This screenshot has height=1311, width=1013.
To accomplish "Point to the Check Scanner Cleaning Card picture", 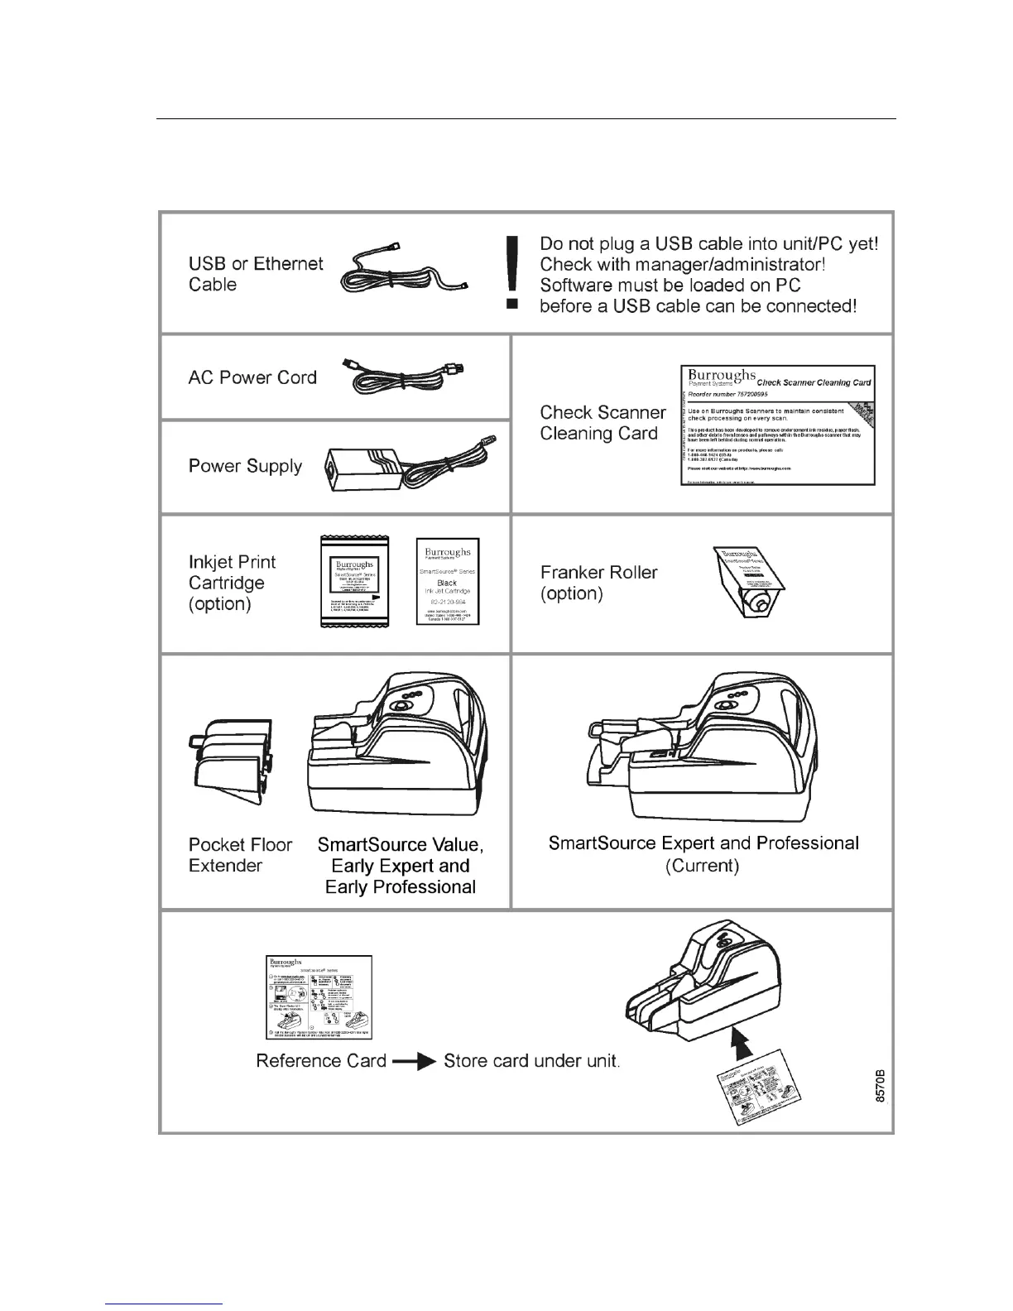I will (777, 425).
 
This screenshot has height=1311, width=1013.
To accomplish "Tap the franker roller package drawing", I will (748, 590).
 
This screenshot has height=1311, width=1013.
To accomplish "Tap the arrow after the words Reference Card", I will (415, 1062).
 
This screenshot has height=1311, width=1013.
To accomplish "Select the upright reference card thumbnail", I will (319, 997).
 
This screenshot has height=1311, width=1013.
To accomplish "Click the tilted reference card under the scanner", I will (757, 1097).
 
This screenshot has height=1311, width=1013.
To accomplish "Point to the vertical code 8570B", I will (881, 1085).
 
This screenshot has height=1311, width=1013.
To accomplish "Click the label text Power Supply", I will (245, 466).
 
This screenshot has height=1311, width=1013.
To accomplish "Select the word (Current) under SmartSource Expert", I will (702, 866).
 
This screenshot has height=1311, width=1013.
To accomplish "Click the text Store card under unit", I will (531, 1061).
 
